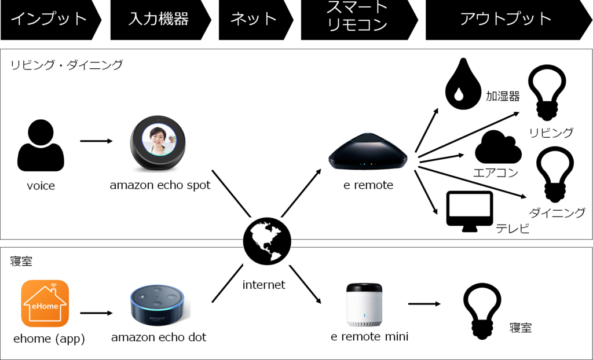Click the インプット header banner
[x=51, y=20]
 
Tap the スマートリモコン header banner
[x=359, y=20]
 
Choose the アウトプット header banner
[x=508, y=20]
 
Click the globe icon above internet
[x=267, y=241]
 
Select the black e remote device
[x=368, y=153]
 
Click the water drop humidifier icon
[x=463, y=84]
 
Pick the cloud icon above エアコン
[x=498, y=147]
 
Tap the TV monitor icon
[x=470, y=211]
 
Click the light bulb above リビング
[x=547, y=93]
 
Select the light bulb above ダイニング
[x=555, y=175]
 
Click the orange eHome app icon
[x=45, y=304]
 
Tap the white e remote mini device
[x=365, y=305]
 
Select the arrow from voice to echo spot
[x=97, y=141]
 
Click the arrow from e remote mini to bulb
[x=424, y=304]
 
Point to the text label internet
[x=264, y=284]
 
